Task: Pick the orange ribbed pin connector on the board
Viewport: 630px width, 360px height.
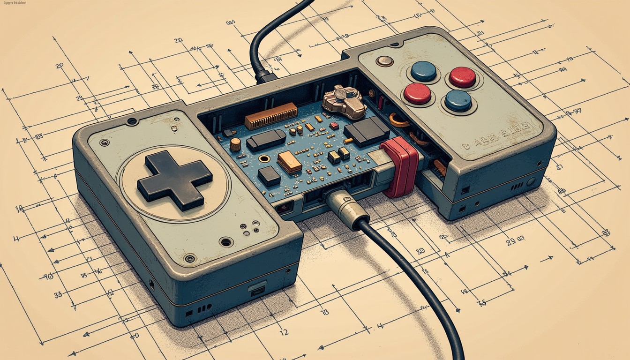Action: point(271,116)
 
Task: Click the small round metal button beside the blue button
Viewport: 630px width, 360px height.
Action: point(384,61)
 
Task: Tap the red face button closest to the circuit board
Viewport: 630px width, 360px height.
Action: point(417,93)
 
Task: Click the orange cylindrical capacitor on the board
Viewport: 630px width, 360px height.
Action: point(235,144)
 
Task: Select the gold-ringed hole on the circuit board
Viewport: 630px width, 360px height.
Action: point(264,158)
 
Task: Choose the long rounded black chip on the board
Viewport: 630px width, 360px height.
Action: point(266,140)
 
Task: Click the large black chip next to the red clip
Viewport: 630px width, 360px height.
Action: point(367,131)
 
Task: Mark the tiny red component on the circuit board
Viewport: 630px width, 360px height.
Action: point(334,126)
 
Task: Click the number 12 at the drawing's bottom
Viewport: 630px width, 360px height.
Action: point(284,333)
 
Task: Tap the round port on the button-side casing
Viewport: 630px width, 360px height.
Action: point(530,182)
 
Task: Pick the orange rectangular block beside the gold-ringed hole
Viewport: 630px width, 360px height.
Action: point(289,162)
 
